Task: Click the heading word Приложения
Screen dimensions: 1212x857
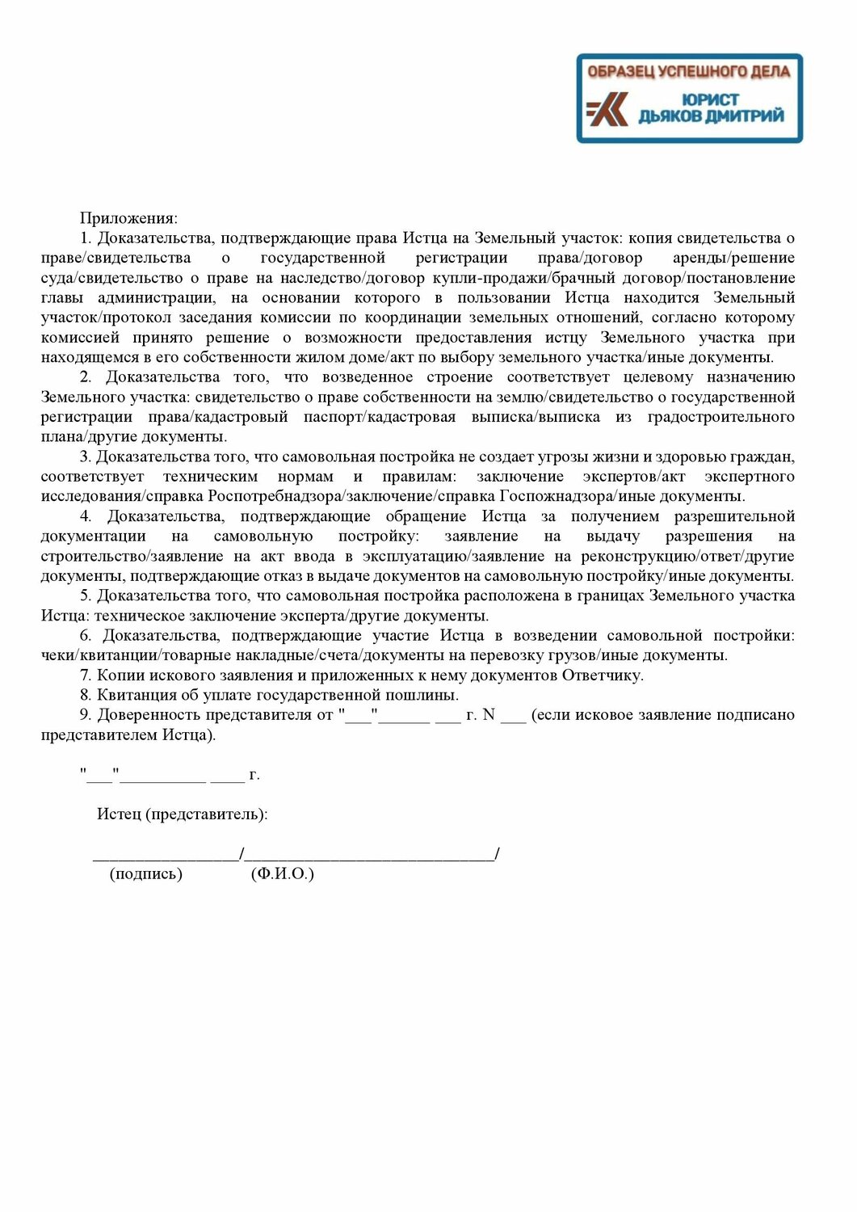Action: [x=128, y=218]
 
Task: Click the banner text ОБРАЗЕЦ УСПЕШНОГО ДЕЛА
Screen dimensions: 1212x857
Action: [x=688, y=72]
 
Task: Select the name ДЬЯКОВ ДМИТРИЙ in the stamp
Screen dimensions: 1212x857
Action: [x=711, y=116]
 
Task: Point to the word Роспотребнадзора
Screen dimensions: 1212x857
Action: [x=267, y=496]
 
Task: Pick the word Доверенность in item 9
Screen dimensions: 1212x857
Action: [x=149, y=715]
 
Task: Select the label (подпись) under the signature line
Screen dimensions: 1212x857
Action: [x=146, y=873]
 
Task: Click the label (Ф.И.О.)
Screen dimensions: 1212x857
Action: [x=282, y=873]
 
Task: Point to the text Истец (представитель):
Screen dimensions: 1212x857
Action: [x=183, y=814]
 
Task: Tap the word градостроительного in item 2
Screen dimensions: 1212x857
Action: [x=720, y=417]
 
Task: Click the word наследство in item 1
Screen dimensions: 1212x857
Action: [x=321, y=278]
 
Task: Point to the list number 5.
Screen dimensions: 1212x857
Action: [x=85, y=596]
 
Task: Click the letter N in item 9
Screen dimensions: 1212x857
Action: [x=489, y=715]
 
